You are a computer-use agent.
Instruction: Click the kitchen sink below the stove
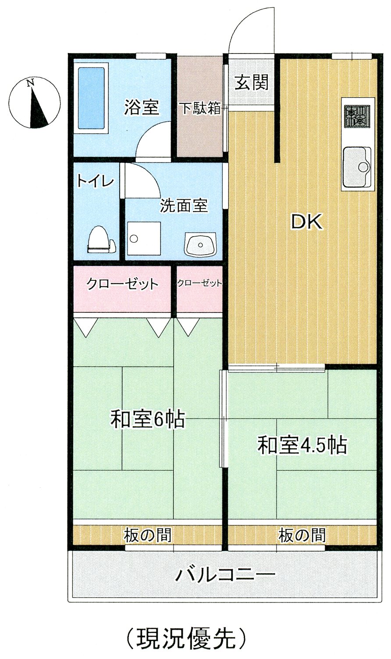point(356,167)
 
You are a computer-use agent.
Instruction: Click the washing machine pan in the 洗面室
point(144,238)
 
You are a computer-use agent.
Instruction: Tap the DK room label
point(306,223)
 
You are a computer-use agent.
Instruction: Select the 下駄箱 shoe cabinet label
point(200,108)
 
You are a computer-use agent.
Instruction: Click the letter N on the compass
point(30,83)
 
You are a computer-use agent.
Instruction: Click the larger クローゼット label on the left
point(122,284)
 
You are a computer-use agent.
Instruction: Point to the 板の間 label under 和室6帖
point(147,535)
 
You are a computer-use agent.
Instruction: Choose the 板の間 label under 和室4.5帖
point(302,535)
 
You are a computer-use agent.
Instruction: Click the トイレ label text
point(95,181)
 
